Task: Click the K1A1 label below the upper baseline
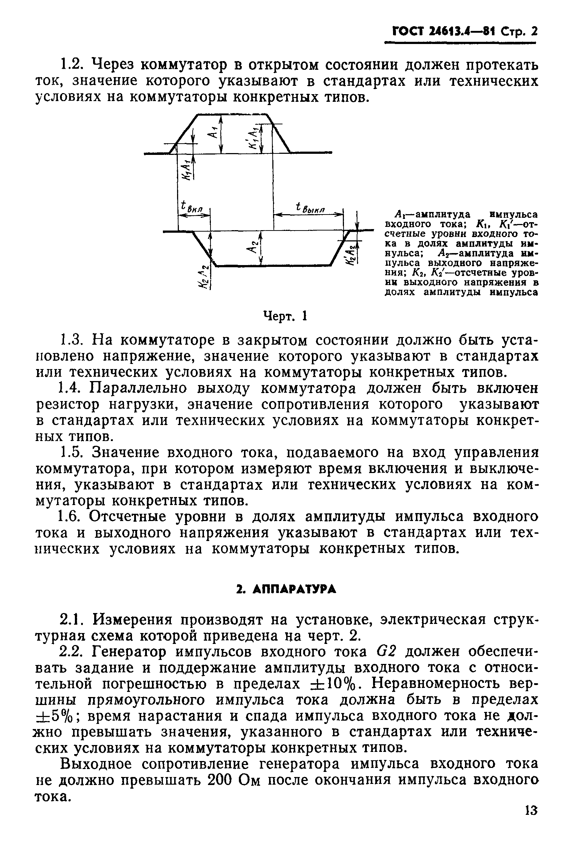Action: coord(186,169)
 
